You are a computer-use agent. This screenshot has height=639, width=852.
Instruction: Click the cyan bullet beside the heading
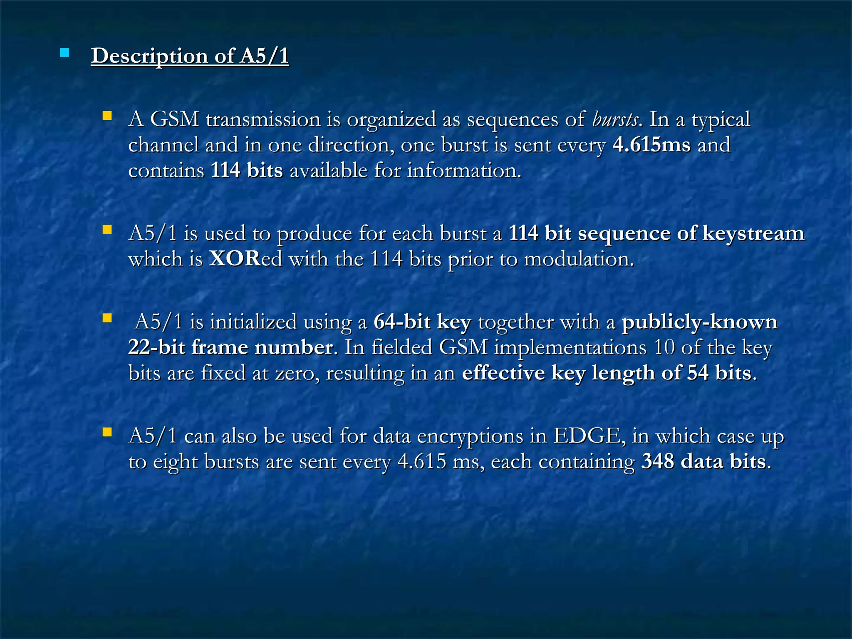click(x=64, y=53)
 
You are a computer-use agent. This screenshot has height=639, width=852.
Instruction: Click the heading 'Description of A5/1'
click(x=190, y=56)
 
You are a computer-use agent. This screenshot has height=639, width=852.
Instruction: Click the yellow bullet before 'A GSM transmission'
click(x=107, y=116)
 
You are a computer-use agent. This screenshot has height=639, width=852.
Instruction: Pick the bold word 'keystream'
click(x=753, y=233)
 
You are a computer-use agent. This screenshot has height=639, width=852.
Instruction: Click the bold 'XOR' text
click(x=235, y=259)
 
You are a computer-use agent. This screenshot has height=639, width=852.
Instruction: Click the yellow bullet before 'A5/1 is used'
click(x=107, y=230)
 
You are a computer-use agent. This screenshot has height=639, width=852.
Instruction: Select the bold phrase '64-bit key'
click(x=422, y=322)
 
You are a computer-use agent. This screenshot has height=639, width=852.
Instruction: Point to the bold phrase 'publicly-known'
click(x=699, y=322)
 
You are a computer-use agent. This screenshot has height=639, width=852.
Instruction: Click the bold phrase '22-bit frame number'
click(x=230, y=347)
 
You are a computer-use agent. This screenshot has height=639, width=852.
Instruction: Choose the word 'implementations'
click(x=570, y=347)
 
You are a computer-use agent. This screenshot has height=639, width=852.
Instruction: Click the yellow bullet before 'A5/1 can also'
click(x=107, y=432)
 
